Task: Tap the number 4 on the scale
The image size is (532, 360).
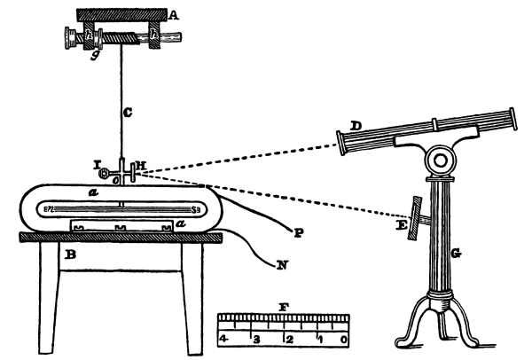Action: click(223, 339)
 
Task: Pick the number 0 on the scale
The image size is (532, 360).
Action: click(342, 339)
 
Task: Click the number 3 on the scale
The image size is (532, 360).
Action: click(257, 339)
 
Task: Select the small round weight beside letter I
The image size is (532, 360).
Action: click(105, 172)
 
